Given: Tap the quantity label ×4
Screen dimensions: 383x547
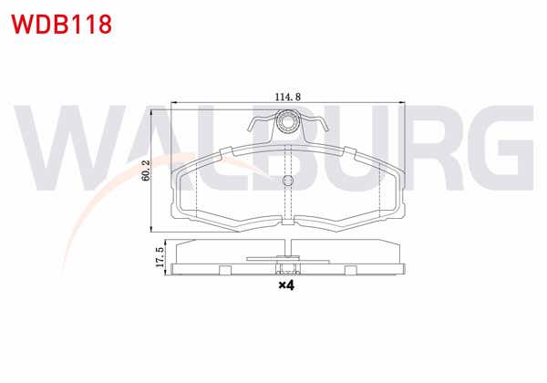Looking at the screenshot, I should click(x=286, y=286).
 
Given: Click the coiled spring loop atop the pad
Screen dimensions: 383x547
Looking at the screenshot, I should click(x=288, y=119).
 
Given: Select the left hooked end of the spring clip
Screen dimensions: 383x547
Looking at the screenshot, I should click(x=253, y=128).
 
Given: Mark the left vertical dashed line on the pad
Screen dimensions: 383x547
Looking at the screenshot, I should click(x=197, y=191).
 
